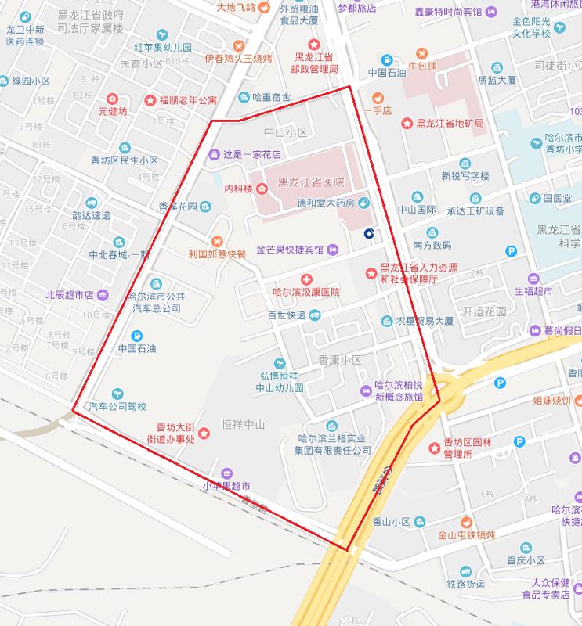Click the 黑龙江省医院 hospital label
[x=311, y=182]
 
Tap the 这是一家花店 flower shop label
[x=252, y=155]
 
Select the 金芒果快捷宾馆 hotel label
[x=290, y=250]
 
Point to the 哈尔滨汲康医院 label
[x=306, y=292]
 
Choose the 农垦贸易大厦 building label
[x=424, y=322]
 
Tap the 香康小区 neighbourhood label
[x=340, y=361]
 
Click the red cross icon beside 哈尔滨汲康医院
[x=306, y=279]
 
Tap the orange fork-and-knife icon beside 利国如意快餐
[x=217, y=241]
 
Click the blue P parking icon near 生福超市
[x=512, y=252]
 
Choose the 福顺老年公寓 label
[x=188, y=100]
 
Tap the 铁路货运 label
[x=466, y=584]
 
